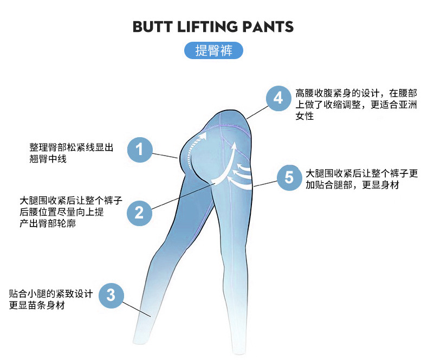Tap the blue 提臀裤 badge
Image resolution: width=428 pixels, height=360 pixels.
[x=213, y=50]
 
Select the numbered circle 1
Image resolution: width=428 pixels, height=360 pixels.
[x=140, y=149]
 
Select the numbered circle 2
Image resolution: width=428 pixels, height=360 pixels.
[x=140, y=212]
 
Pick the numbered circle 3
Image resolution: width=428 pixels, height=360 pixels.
[x=111, y=295]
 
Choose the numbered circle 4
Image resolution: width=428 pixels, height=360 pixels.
[x=278, y=98]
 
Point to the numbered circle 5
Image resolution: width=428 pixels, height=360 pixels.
[x=289, y=177]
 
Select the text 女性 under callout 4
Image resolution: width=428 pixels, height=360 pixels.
[x=304, y=117]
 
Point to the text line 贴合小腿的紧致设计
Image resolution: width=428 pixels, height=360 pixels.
[x=51, y=293]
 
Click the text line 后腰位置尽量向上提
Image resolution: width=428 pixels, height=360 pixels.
[x=61, y=212]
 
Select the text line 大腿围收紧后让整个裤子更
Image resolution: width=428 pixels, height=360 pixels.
[x=362, y=173]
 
